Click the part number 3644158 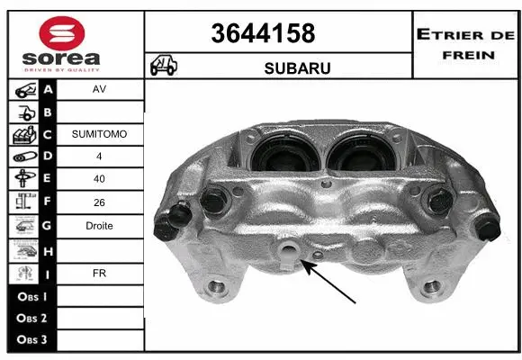tap(263, 33)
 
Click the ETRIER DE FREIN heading tap(465, 42)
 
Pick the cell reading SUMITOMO tap(100, 134)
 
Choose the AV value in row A tap(100, 90)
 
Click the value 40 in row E tap(100, 179)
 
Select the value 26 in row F tap(100, 203)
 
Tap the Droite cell tap(100, 226)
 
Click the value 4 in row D tap(100, 157)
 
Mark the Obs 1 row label tap(31, 295)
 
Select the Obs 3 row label tap(31, 340)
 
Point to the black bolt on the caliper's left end tap(175, 217)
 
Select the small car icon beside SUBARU tap(165, 67)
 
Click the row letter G tap(48, 226)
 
